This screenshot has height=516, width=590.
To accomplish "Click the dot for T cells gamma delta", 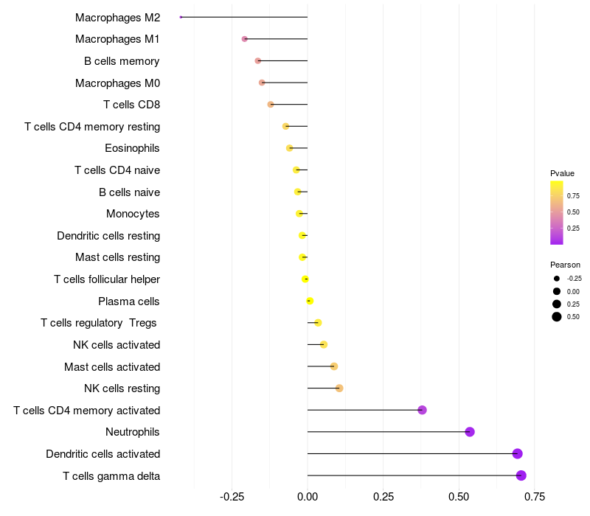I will [521, 475].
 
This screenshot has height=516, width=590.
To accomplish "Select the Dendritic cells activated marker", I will [518, 453].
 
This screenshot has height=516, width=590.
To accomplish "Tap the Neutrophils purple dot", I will [470, 432].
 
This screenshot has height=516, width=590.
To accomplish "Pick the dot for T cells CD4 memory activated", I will [423, 410].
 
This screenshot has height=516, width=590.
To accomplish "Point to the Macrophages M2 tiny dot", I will [181, 17].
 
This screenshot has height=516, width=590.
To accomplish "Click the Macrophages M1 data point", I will [245, 39].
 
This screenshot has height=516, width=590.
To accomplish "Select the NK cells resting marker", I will [339, 388].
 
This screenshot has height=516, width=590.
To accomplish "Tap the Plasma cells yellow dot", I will [310, 301].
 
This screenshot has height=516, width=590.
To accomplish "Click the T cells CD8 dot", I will [271, 105].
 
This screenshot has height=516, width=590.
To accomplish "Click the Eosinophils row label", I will [132, 148].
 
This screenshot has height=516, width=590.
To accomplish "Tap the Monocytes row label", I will [133, 214].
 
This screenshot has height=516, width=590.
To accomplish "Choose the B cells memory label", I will [122, 61].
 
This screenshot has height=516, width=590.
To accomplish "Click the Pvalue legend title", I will [562, 173].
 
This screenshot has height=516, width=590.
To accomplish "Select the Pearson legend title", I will [565, 265].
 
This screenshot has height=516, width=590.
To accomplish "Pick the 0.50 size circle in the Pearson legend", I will [557, 317].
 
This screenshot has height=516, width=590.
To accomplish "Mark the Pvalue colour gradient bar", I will [557, 212].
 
